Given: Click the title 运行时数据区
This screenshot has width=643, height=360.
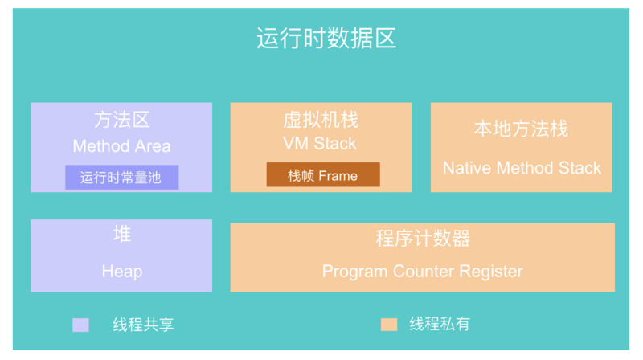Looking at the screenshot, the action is [326, 39].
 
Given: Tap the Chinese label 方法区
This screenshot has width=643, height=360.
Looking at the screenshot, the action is [122, 120].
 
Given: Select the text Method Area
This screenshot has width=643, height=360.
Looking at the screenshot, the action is [122, 146].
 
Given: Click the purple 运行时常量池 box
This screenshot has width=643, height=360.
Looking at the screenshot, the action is [122, 177].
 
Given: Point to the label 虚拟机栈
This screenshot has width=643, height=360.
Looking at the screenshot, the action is [321, 120].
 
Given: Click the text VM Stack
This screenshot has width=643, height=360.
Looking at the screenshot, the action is [320, 144].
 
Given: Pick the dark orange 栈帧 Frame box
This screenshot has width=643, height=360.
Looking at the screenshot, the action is [323, 174].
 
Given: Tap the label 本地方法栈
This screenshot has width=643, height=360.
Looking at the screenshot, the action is [521, 129].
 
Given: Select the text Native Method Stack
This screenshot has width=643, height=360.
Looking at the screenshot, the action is [522, 168].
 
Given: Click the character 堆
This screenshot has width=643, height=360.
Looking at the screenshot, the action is [122, 234].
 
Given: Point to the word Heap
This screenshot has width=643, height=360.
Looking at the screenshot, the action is [122, 272].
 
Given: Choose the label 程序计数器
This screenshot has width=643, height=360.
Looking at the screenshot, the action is [423, 238].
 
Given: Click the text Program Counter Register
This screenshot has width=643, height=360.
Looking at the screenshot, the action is [423, 272].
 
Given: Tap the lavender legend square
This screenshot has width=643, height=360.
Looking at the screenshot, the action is [81, 325].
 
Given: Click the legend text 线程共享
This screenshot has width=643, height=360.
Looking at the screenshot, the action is [143, 325].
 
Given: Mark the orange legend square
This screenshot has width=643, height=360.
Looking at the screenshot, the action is [389, 325].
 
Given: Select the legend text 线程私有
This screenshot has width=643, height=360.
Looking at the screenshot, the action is [439, 325].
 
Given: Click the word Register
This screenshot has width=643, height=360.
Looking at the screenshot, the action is [491, 272].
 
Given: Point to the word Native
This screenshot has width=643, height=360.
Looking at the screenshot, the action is [467, 168].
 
